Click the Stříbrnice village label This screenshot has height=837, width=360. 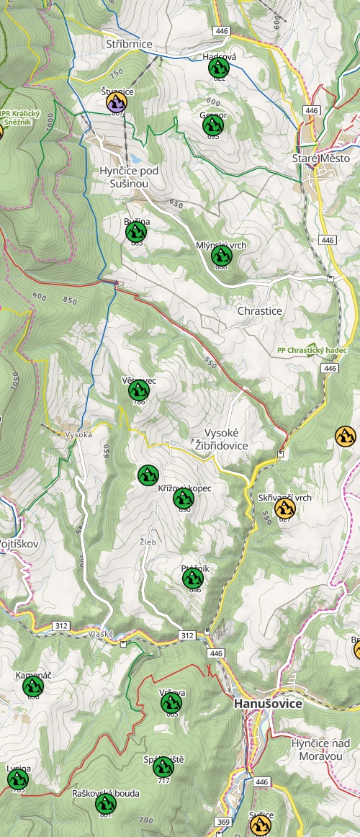point(130,44)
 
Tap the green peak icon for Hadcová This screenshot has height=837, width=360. point(217,68)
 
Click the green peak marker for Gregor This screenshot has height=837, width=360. point(213,125)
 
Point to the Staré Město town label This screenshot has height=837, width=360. point(320,158)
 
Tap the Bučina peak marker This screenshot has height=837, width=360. point(136,232)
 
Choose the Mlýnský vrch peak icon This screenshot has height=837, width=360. point(221,256)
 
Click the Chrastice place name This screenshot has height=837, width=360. point(260,311)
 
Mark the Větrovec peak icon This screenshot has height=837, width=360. point(138,390)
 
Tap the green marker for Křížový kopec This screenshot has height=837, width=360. point(184,498)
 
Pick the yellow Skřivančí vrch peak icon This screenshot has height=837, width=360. point(285,509)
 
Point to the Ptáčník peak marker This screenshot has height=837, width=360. point(192,578)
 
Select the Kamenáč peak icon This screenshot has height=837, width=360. point(32,687)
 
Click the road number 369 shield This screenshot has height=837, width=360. point(224,821)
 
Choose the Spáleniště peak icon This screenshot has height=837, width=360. point(163,767)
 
